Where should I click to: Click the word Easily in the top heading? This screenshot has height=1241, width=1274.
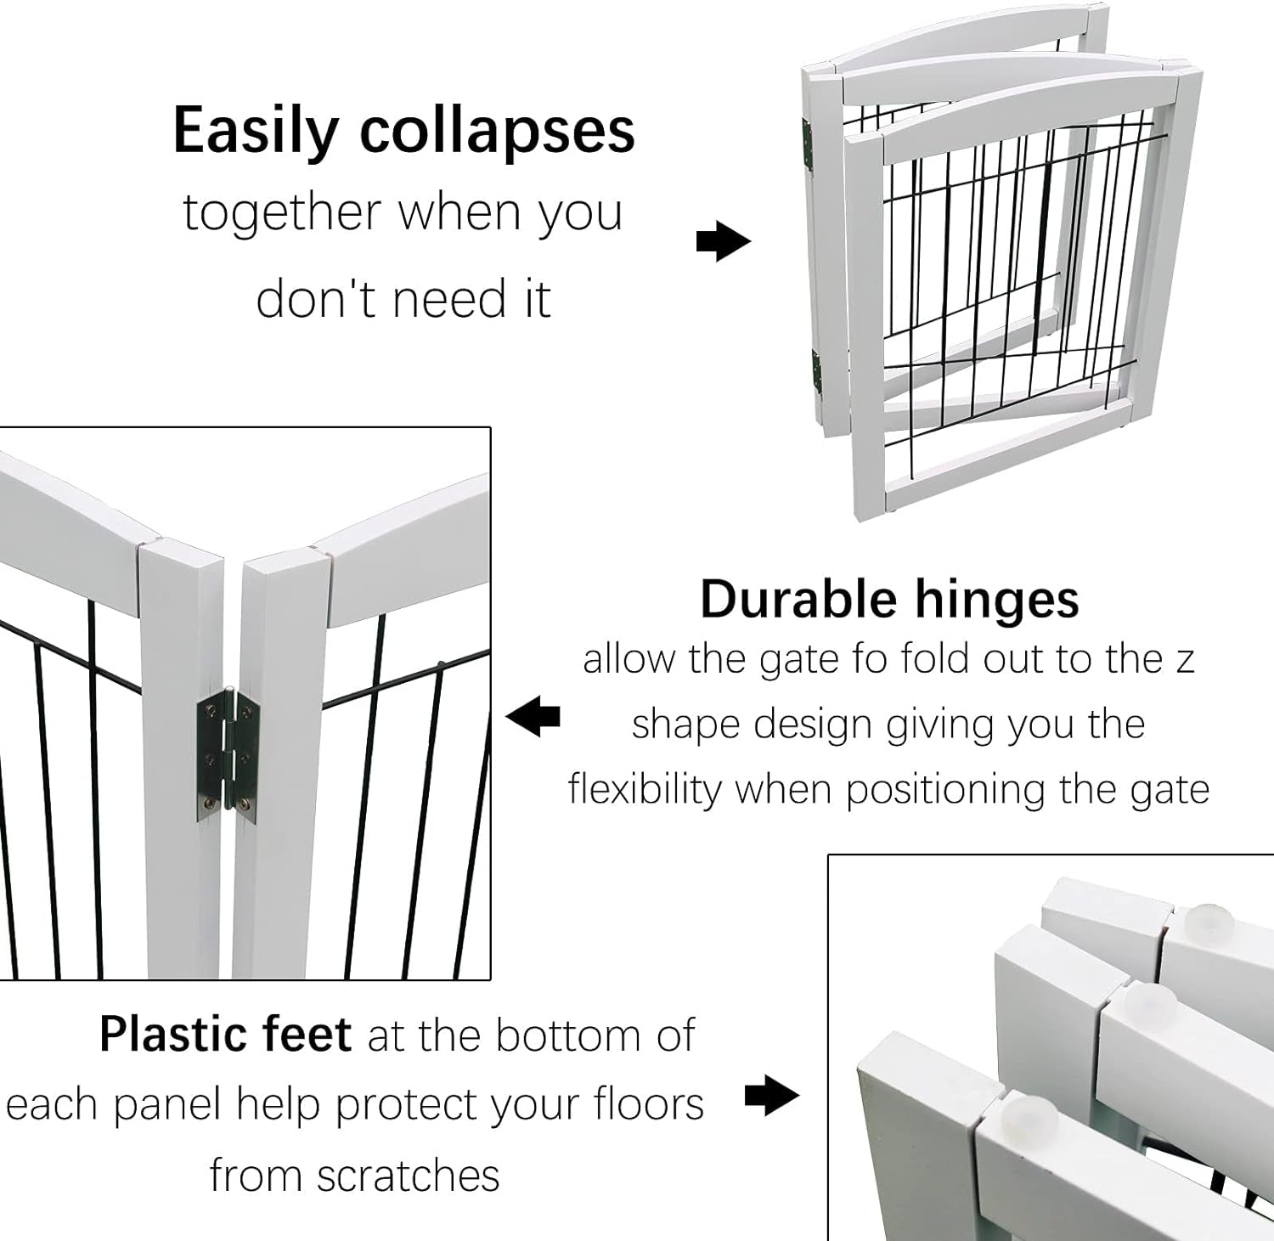click(x=256, y=131)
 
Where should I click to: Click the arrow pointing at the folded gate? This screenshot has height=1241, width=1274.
click(x=724, y=242)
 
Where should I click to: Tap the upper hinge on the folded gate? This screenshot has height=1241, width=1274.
click(x=808, y=145)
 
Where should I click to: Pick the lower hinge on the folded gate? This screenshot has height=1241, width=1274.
click(x=816, y=373)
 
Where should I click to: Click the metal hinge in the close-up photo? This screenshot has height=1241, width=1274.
click(x=229, y=755)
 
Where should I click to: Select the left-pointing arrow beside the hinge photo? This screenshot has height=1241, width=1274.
click(x=533, y=718)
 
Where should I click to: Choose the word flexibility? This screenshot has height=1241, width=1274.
click(x=645, y=789)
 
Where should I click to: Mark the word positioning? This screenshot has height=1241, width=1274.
click(x=946, y=791)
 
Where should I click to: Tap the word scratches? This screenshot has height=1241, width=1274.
click(x=408, y=1176)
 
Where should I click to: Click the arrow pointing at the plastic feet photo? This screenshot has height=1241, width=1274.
click(x=772, y=1096)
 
